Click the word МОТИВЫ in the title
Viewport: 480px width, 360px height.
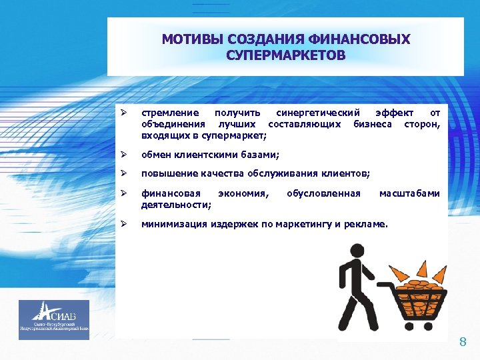[189, 39]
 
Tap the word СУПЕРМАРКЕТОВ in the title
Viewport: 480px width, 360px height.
[285, 55]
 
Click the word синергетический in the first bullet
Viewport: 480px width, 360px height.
[318, 113]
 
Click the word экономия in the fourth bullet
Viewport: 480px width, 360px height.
[244, 193]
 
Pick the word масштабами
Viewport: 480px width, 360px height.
[409, 193]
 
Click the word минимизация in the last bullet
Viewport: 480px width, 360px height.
[173, 224]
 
